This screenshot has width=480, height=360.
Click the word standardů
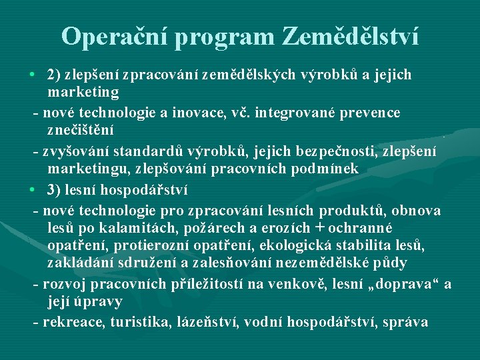click(x=139, y=151)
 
